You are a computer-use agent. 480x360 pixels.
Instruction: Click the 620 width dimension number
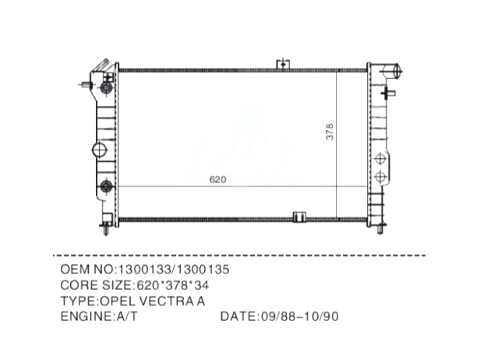(217, 179)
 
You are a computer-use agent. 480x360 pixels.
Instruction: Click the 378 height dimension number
(330, 132)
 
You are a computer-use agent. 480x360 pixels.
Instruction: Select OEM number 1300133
(144, 270)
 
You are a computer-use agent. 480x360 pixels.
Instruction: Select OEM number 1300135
(203, 270)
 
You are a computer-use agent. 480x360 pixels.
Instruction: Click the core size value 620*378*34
(173, 285)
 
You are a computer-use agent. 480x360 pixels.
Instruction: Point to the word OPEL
(117, 302)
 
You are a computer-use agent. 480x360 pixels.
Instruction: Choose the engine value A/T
(127, 316)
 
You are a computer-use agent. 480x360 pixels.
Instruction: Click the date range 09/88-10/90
(300, 316)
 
